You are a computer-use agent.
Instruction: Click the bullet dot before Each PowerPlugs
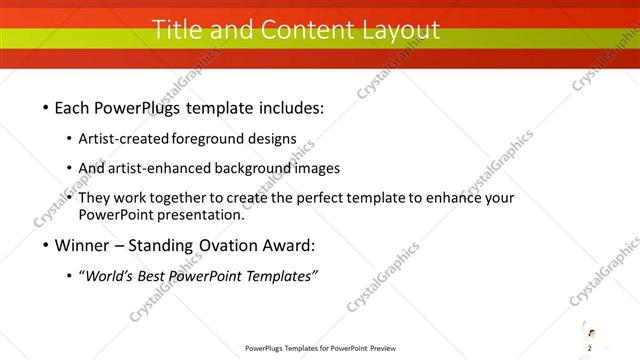tap(46, 108)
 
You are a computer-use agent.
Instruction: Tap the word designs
tap(274, 138)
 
